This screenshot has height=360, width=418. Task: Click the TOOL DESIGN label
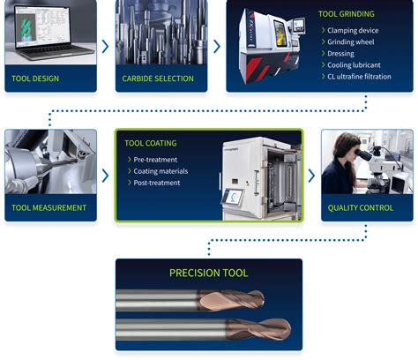35,79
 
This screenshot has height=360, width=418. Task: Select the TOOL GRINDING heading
346,14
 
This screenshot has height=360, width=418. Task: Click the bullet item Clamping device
357,30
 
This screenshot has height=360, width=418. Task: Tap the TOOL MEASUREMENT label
49,208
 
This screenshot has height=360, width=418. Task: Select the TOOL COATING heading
151,143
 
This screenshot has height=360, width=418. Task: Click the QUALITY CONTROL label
362,208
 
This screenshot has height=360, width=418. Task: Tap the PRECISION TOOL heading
208,273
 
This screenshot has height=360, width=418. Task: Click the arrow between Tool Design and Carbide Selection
107,46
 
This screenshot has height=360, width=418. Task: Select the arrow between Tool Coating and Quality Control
310,176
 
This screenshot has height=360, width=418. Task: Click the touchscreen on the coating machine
234,199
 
